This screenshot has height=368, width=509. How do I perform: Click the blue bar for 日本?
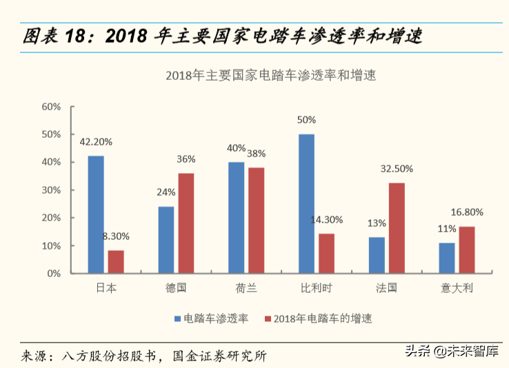point(96,214)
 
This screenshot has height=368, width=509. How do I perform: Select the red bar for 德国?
point(186,223)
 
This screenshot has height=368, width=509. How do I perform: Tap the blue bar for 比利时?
point(306,203)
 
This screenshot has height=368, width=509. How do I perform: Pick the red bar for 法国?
point(397,228)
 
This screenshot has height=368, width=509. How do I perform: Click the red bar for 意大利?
point(467,249)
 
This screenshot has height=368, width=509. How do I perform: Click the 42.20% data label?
point(96,142)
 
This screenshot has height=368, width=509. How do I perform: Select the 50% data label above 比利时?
point(306,120)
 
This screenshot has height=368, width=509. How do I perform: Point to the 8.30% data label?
point(115,236)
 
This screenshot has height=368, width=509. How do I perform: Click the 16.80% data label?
point(467,212)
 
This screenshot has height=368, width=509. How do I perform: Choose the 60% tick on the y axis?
point(52,107)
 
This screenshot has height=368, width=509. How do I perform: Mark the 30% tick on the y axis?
point(52,190)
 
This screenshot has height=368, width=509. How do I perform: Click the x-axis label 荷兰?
point(246,287)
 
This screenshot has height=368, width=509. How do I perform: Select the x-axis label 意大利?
point(457,287)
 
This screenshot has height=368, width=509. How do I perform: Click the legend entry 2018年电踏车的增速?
point(322,318)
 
